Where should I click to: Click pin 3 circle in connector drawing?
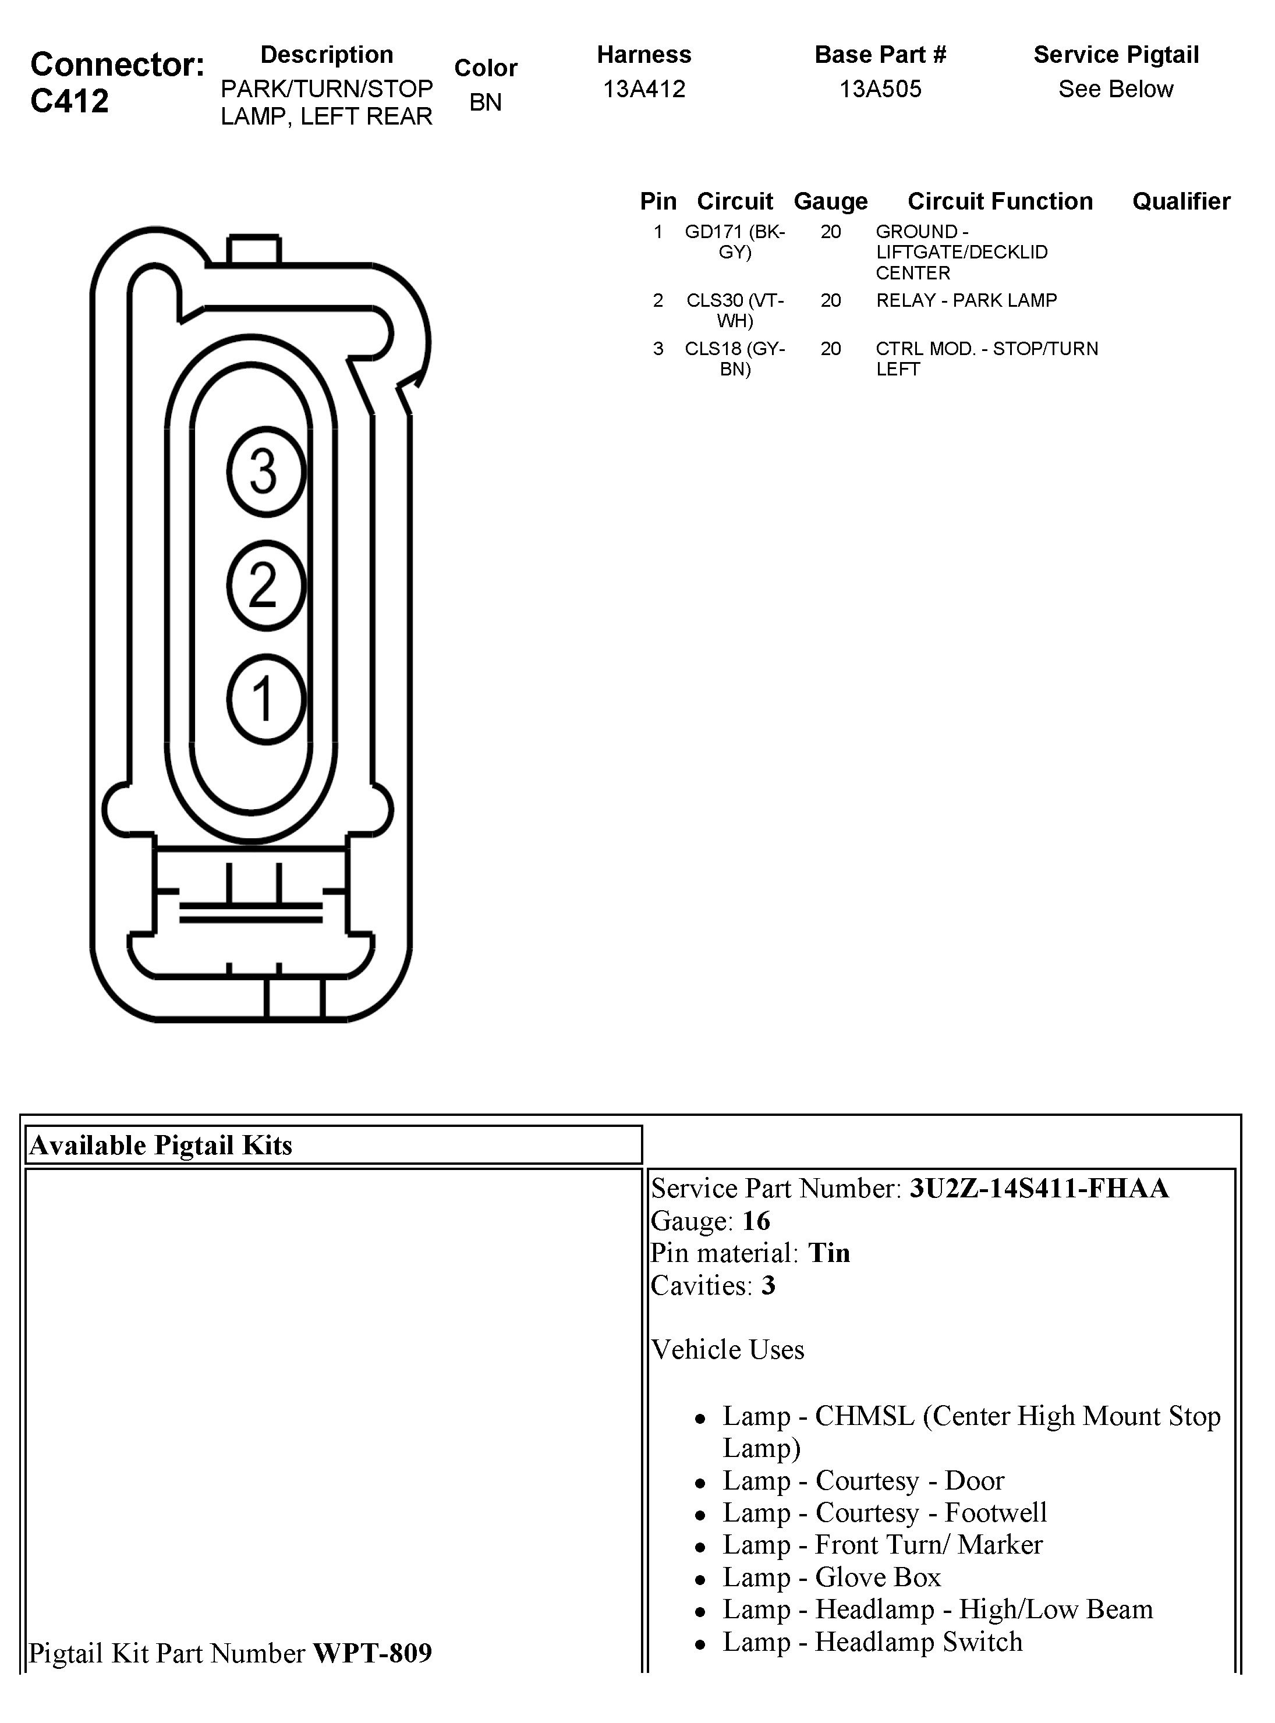[266, 471]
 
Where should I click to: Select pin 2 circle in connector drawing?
[266, 585]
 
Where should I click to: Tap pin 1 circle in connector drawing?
[266, 699]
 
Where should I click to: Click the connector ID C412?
[69, 101]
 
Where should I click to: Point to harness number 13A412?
[644, 90]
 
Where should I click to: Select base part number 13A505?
[880, 90]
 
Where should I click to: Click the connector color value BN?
[486, 102]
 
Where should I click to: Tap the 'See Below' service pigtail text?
[1115, 90]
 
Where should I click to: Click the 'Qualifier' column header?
[1181, 201]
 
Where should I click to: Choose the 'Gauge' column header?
[830, 201]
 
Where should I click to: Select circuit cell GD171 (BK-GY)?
[735, 242]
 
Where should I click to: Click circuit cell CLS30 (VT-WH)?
[735, 310]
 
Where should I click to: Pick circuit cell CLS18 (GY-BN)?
[735, 359]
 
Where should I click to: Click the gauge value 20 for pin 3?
[830, 349]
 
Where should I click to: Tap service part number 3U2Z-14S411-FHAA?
[1039, 1188]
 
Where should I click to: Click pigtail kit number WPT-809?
[372, 1653]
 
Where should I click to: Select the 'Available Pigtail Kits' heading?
[161, 1145]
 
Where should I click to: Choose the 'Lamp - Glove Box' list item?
[831, 1577]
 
